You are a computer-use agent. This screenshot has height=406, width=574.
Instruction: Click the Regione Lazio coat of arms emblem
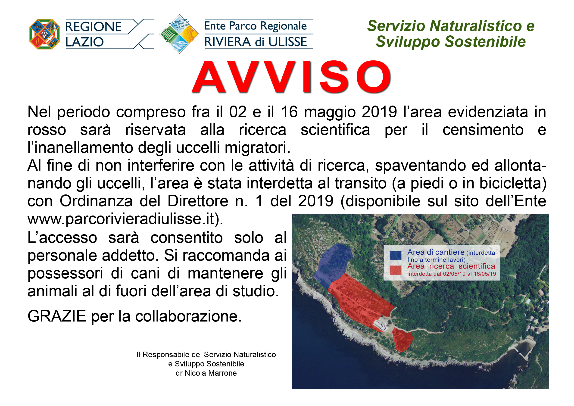pos(45,34)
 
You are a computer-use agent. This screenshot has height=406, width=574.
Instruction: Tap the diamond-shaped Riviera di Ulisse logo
pos(179,34)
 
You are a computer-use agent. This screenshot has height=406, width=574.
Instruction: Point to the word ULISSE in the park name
pos(288,42)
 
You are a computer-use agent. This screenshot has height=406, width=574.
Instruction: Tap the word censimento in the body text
pos(483,130)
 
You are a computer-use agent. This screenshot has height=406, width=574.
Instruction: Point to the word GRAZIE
pos(57,316)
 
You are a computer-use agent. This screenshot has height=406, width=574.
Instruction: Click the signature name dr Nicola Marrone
pos(206,373)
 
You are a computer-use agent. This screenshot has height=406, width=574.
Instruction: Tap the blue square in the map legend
pos(396,256)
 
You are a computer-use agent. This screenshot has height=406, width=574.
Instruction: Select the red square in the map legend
pos(396,270)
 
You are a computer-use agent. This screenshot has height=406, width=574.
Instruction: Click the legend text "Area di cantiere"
pos(436,252)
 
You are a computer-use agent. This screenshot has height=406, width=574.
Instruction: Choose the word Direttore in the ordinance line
pos(198,201)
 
